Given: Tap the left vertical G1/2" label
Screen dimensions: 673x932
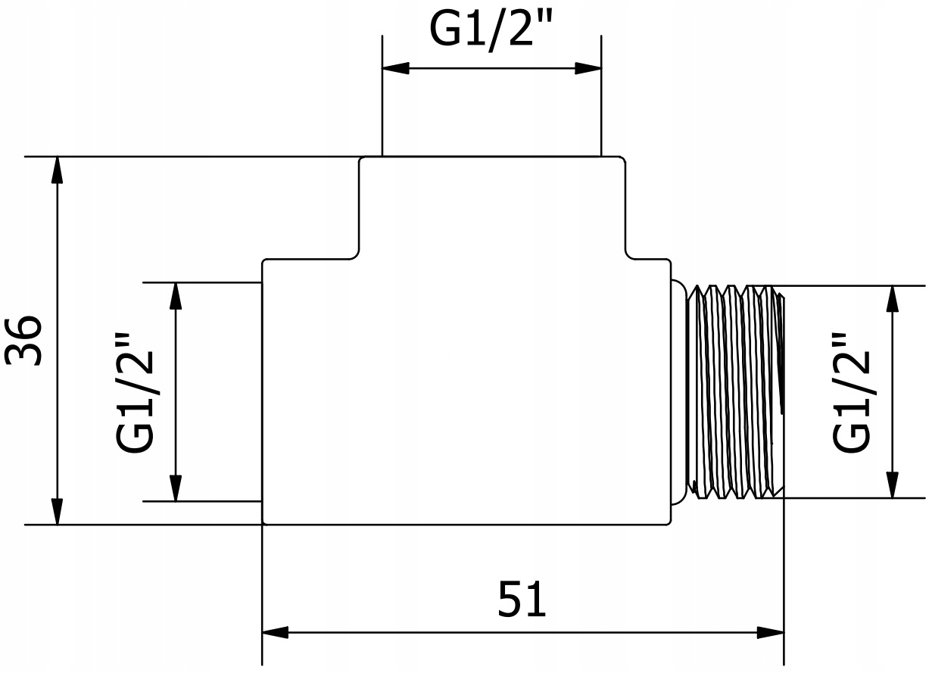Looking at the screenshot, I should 137,391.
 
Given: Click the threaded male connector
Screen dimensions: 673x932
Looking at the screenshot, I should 734,391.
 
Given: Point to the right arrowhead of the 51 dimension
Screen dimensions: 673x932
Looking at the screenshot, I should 770,632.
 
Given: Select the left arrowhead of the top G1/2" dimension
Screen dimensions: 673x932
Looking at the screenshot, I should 395,68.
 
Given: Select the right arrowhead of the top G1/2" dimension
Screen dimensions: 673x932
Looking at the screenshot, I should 588,68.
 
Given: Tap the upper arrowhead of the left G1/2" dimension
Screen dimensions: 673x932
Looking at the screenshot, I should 176,295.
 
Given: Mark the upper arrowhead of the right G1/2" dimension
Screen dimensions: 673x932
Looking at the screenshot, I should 892,299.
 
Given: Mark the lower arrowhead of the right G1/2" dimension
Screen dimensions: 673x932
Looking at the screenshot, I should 892,485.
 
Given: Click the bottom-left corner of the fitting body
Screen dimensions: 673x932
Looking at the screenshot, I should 263,523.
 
